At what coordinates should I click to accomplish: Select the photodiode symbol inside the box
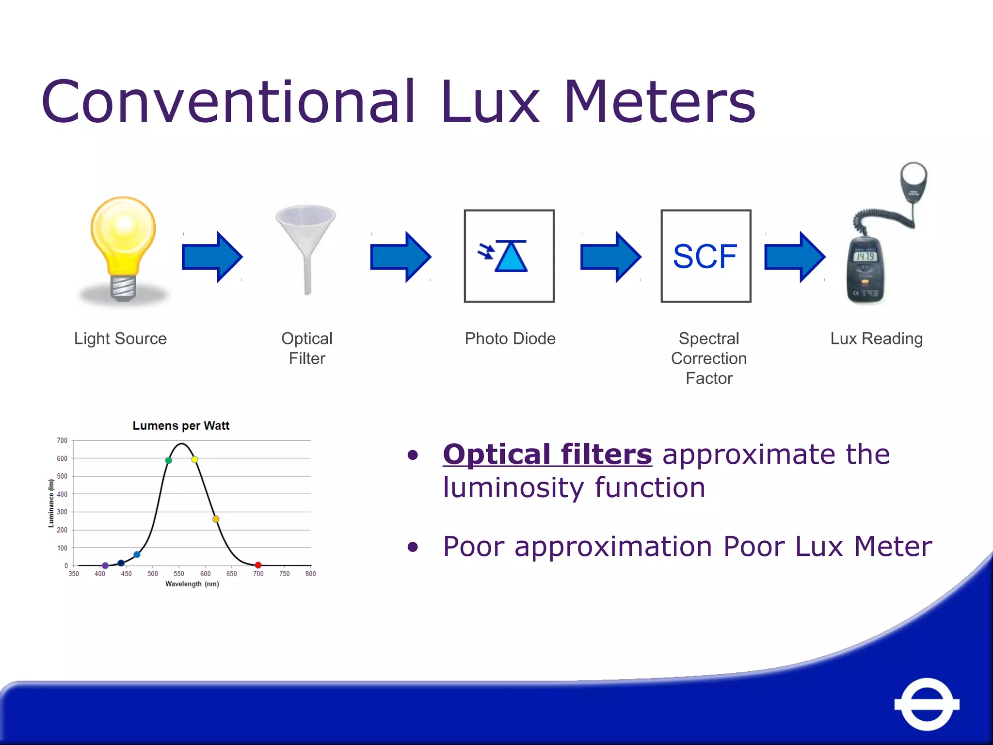tap(509, 256)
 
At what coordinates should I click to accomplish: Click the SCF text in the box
tap(705, 256)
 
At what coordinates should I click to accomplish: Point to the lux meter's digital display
tap(865, 256)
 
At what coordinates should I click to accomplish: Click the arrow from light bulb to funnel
tap(212, 257)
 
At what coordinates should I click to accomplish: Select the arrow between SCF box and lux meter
tap(794, 257)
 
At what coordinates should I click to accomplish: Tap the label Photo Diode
tap(510, 339)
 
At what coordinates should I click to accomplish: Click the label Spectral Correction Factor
tap(708, 358)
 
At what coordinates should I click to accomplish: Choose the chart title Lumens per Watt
tap(181, 425)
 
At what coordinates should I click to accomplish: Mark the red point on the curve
tap(258, 565)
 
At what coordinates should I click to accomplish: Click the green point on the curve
tap(168, 460)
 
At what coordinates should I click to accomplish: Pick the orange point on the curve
tap(216, 519)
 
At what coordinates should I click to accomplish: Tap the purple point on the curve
tap(105, 566)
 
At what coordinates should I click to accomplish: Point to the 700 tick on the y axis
tap(62, 440)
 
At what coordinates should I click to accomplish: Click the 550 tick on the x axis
tap(179, 574)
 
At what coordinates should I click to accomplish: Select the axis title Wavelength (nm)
tap(192, 584)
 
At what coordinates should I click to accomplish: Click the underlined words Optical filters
tap(547, 454)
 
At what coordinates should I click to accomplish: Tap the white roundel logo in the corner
tap(927, 704)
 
